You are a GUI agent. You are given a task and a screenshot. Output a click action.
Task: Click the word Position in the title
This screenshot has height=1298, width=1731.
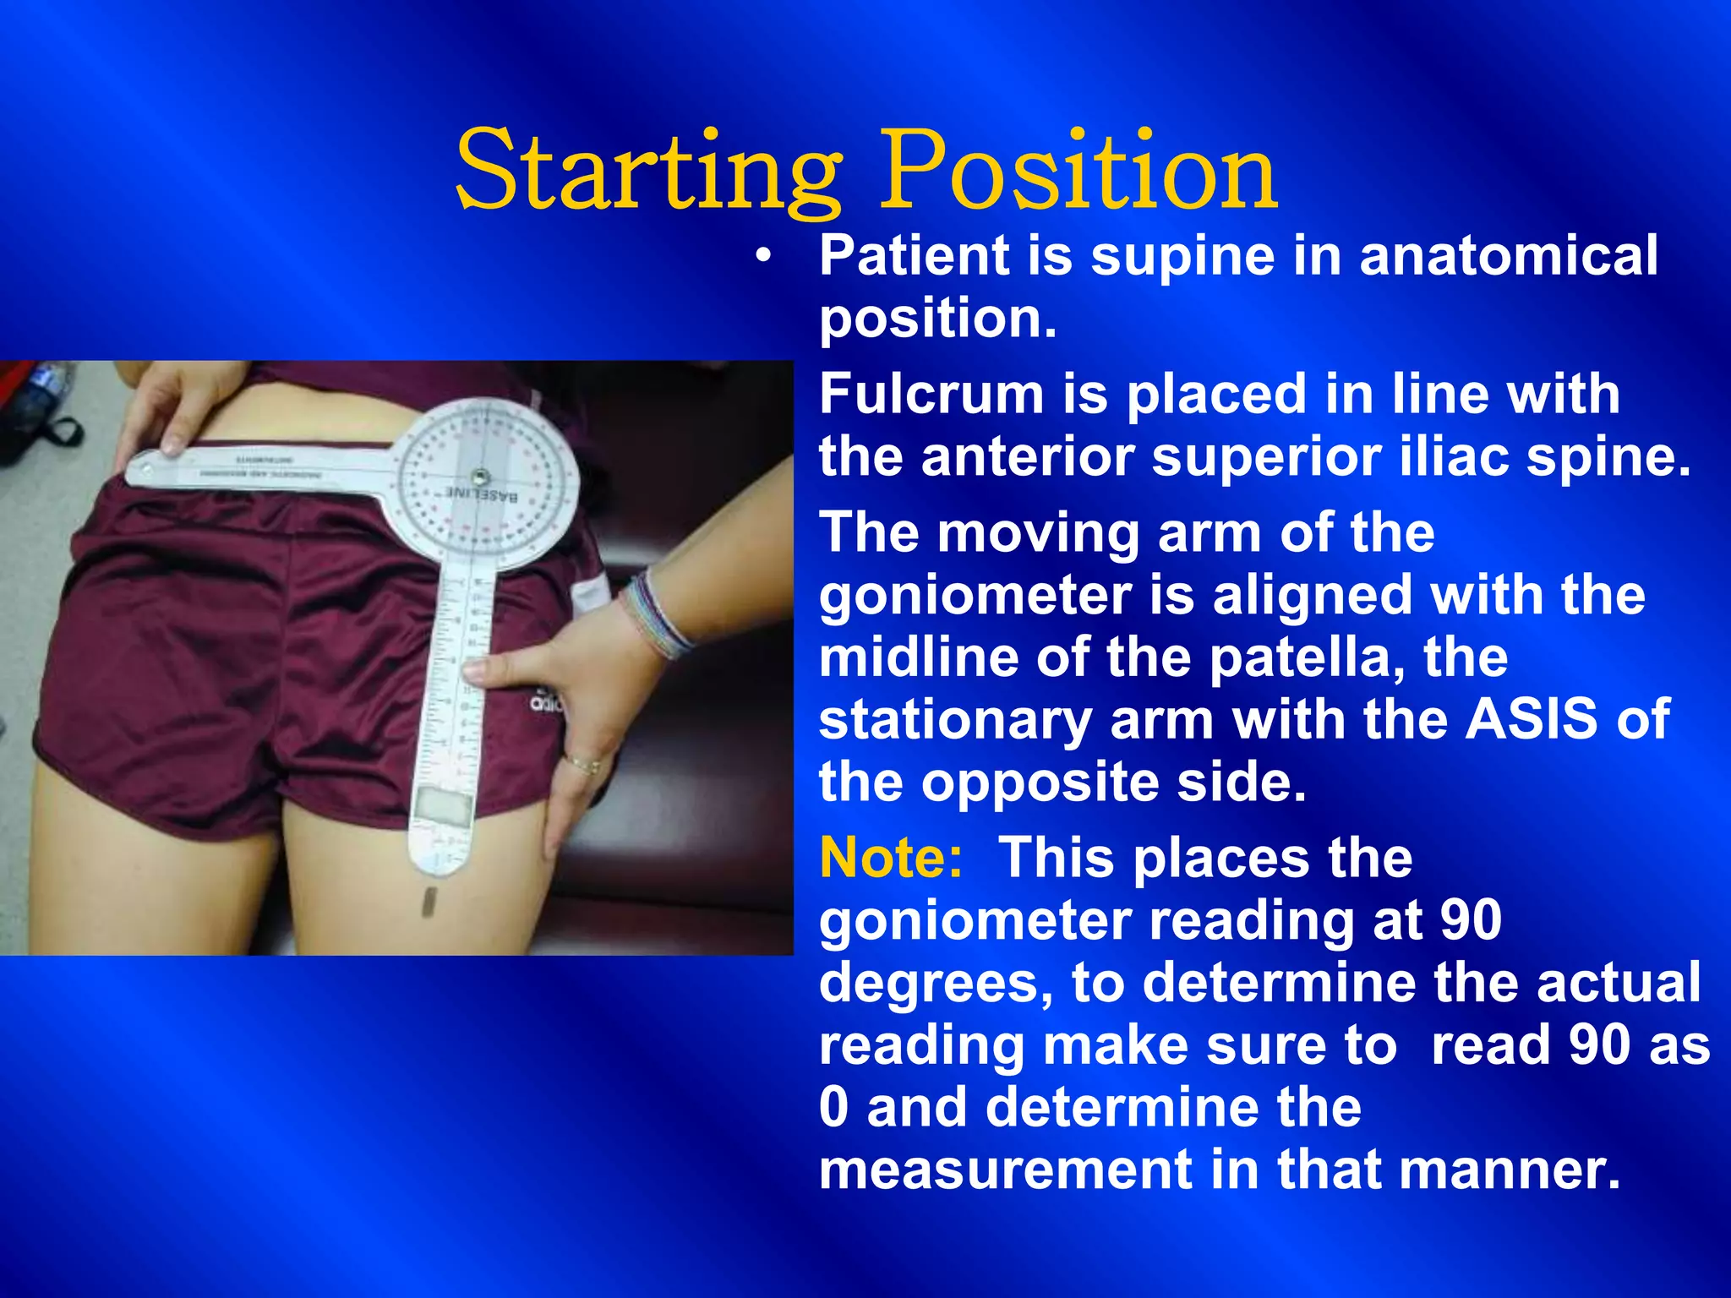coord(1078,172)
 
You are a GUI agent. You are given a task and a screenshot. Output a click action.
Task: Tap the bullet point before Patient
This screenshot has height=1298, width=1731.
coord(764,257)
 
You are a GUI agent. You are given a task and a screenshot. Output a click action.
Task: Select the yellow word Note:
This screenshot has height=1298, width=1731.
coord(891,858)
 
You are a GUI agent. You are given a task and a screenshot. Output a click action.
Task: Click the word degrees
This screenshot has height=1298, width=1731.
coord(936,983)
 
